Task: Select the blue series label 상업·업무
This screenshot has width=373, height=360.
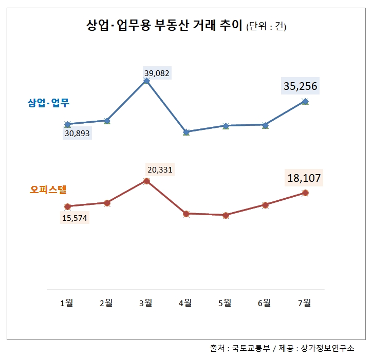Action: [x=48, y=103]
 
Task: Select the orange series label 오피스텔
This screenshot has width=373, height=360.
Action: [x=48, y=190]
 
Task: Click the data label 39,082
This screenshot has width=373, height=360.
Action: [x=157, y=73]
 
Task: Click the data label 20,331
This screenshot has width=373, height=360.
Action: [x=160, y=169]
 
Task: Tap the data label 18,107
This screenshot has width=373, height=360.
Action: [x=304, y=178]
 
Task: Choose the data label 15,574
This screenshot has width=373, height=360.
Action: [x=74, y=217]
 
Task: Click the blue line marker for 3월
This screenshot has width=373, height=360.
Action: [x=147, y=81]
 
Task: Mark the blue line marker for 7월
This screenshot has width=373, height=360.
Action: [x=305, y=101]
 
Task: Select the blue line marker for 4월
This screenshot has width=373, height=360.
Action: [x=186, y=132]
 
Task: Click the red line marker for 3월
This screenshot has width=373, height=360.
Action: [x=147, y=181]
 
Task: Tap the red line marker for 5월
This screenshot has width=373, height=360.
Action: [x=226, y=215]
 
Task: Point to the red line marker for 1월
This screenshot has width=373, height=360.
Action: [x=67, y=206]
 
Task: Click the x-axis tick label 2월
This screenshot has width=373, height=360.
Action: [x=106, y=302]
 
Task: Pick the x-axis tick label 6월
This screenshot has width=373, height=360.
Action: [x=265, y=302]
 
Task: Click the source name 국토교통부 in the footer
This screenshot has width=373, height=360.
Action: [x=251, y=348]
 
